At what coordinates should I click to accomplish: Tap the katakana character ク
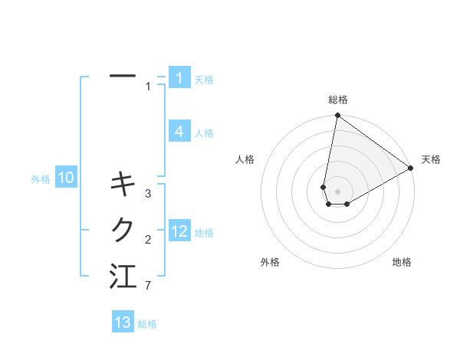point(123,229)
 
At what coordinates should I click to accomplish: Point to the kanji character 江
point(123,277)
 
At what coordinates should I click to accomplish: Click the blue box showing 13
point(123,322)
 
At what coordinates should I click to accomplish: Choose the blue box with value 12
point(179,231)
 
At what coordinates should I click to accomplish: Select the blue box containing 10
point(66,178)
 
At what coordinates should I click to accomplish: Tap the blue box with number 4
point(179,132)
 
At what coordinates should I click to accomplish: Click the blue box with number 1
point(179,78)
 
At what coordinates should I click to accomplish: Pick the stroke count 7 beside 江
point(147,286)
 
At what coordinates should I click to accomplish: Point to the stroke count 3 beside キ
point(148,193)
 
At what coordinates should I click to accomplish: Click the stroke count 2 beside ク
point(148,240)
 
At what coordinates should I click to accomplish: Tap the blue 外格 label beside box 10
point(41,179)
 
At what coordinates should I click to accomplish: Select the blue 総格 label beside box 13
point(147,324)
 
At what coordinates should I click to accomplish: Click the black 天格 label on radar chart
point(431,159)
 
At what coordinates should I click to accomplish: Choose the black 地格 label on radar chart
point(402,262)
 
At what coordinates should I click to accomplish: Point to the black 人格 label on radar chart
point(245,159)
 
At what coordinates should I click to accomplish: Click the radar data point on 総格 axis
point(337,116)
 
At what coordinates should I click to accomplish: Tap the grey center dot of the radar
point(337,191)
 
